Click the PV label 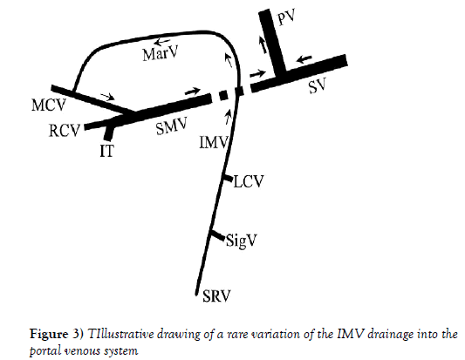pos(286,17)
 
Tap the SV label pos(317,86)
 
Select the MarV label pos(161,54)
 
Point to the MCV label pos(48,105)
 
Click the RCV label pos(65,131)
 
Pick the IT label pos(106,151)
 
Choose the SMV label pos(172,126)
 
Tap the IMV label pos(214,142)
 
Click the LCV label pos(249,181)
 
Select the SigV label pos(241,241)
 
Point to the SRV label pos(216,295)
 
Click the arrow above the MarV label pos(162,42)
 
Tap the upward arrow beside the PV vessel pos(263,44)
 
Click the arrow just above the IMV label pos(228,117)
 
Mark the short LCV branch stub pos(229,179)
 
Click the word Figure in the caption pos(49,334)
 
